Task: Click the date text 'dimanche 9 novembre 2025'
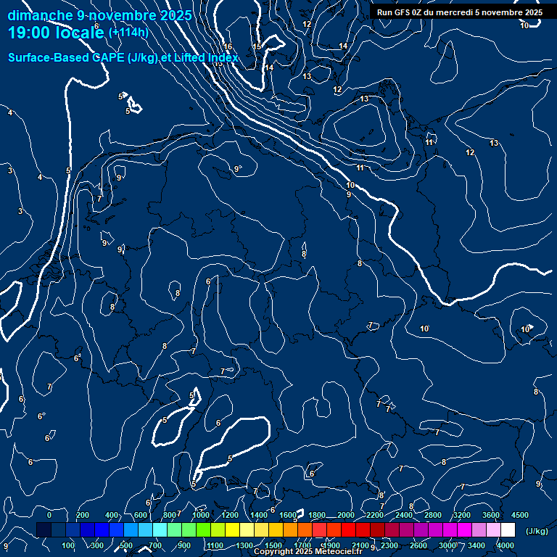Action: (100, 15)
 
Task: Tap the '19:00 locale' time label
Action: (57, 33)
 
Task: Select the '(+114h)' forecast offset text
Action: (128, 33)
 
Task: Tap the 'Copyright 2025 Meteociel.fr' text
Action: (308, 552)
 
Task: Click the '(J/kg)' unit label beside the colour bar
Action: (537, 531)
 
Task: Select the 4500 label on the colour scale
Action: (520, 515)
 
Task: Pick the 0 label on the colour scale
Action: (49, 515)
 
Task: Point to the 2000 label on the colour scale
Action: (346, 515)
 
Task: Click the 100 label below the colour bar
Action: (68, 545)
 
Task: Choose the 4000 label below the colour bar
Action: (506, 545)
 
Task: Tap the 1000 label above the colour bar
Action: (201, 515)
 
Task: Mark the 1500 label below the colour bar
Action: (273, 545)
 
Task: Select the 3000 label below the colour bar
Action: (447, 545)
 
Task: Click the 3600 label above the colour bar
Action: (491, 515)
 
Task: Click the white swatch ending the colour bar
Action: (508, 530)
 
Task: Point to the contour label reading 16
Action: (228, 46)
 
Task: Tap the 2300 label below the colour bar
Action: (389, 545)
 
